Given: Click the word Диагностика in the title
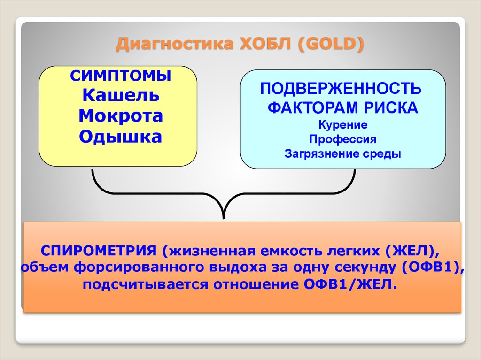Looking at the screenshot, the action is coord(175,44).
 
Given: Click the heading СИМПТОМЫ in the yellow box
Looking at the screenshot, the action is coord(121,76).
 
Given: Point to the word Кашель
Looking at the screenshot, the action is coord(121,95).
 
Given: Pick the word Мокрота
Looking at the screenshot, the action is coord(121,116).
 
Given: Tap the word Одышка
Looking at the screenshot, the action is coord(120,137).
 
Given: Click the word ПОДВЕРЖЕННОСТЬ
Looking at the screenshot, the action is coord(341,89).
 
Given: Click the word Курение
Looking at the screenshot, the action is coord(343,125).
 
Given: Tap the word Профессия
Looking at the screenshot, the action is coord(342,139).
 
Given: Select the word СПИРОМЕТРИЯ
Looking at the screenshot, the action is coord(99,251).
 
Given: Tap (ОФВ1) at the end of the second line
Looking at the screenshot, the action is coord(433,268).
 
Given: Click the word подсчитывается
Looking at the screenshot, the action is coord(146,285).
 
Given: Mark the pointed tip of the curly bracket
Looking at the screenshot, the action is coord(224,218).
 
